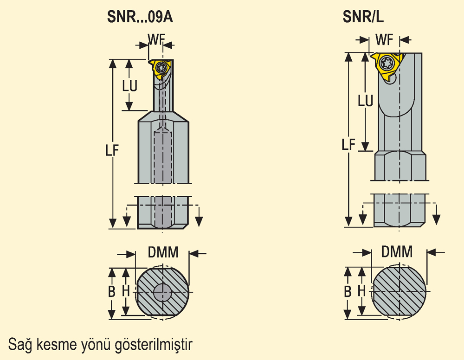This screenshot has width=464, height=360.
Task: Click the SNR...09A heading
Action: coord(140,17)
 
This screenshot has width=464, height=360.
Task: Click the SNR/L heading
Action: coord(363,17)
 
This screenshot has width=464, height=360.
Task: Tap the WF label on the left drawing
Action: coord(156,39)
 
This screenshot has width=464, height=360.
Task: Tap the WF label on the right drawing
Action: coord(384,39)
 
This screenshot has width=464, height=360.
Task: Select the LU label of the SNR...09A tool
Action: coord(130,86)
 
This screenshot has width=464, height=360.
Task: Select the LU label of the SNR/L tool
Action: coord(366,101)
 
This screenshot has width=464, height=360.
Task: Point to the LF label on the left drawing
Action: coord(112,151)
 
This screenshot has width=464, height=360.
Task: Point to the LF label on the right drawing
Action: coord(348,145)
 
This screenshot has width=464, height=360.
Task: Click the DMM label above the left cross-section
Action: coord(163,252)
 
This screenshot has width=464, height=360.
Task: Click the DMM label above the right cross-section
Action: coord(397,252)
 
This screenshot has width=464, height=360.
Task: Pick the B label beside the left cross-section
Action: coord(111,292)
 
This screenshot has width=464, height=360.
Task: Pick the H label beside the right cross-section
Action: coord(361,291)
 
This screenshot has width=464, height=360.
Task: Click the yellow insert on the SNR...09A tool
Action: coord(161,68)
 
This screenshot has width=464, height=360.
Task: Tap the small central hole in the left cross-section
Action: coord(162,292)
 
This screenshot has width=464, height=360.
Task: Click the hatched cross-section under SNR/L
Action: coord(399,291)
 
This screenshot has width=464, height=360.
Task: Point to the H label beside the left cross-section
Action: coord(126,291)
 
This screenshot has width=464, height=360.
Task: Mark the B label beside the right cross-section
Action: coord(348,292)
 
